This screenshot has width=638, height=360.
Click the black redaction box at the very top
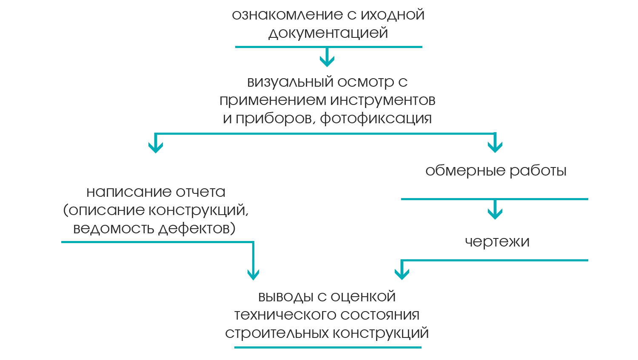(330, 25)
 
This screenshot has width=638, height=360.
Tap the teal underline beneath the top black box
(328, 47)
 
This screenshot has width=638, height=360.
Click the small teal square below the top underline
(326, 59)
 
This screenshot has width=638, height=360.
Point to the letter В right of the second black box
(432, 101)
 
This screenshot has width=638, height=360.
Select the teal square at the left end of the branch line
(156, 143)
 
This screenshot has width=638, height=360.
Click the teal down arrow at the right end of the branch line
(493, 144)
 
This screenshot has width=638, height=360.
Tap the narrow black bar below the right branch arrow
(496, 171)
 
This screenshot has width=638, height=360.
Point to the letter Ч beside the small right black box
(467, 242)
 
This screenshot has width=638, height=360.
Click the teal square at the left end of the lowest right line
(402, 269)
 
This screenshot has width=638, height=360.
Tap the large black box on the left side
(156, 212)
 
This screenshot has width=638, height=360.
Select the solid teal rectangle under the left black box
(204, 252)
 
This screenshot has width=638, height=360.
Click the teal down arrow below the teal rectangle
(253, 271)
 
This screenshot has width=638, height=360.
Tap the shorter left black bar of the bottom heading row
(272, 298)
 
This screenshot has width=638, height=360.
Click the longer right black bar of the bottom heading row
(370, 297)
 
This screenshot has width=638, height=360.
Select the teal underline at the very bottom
(328, 347)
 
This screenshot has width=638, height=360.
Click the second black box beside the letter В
(326, 101)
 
